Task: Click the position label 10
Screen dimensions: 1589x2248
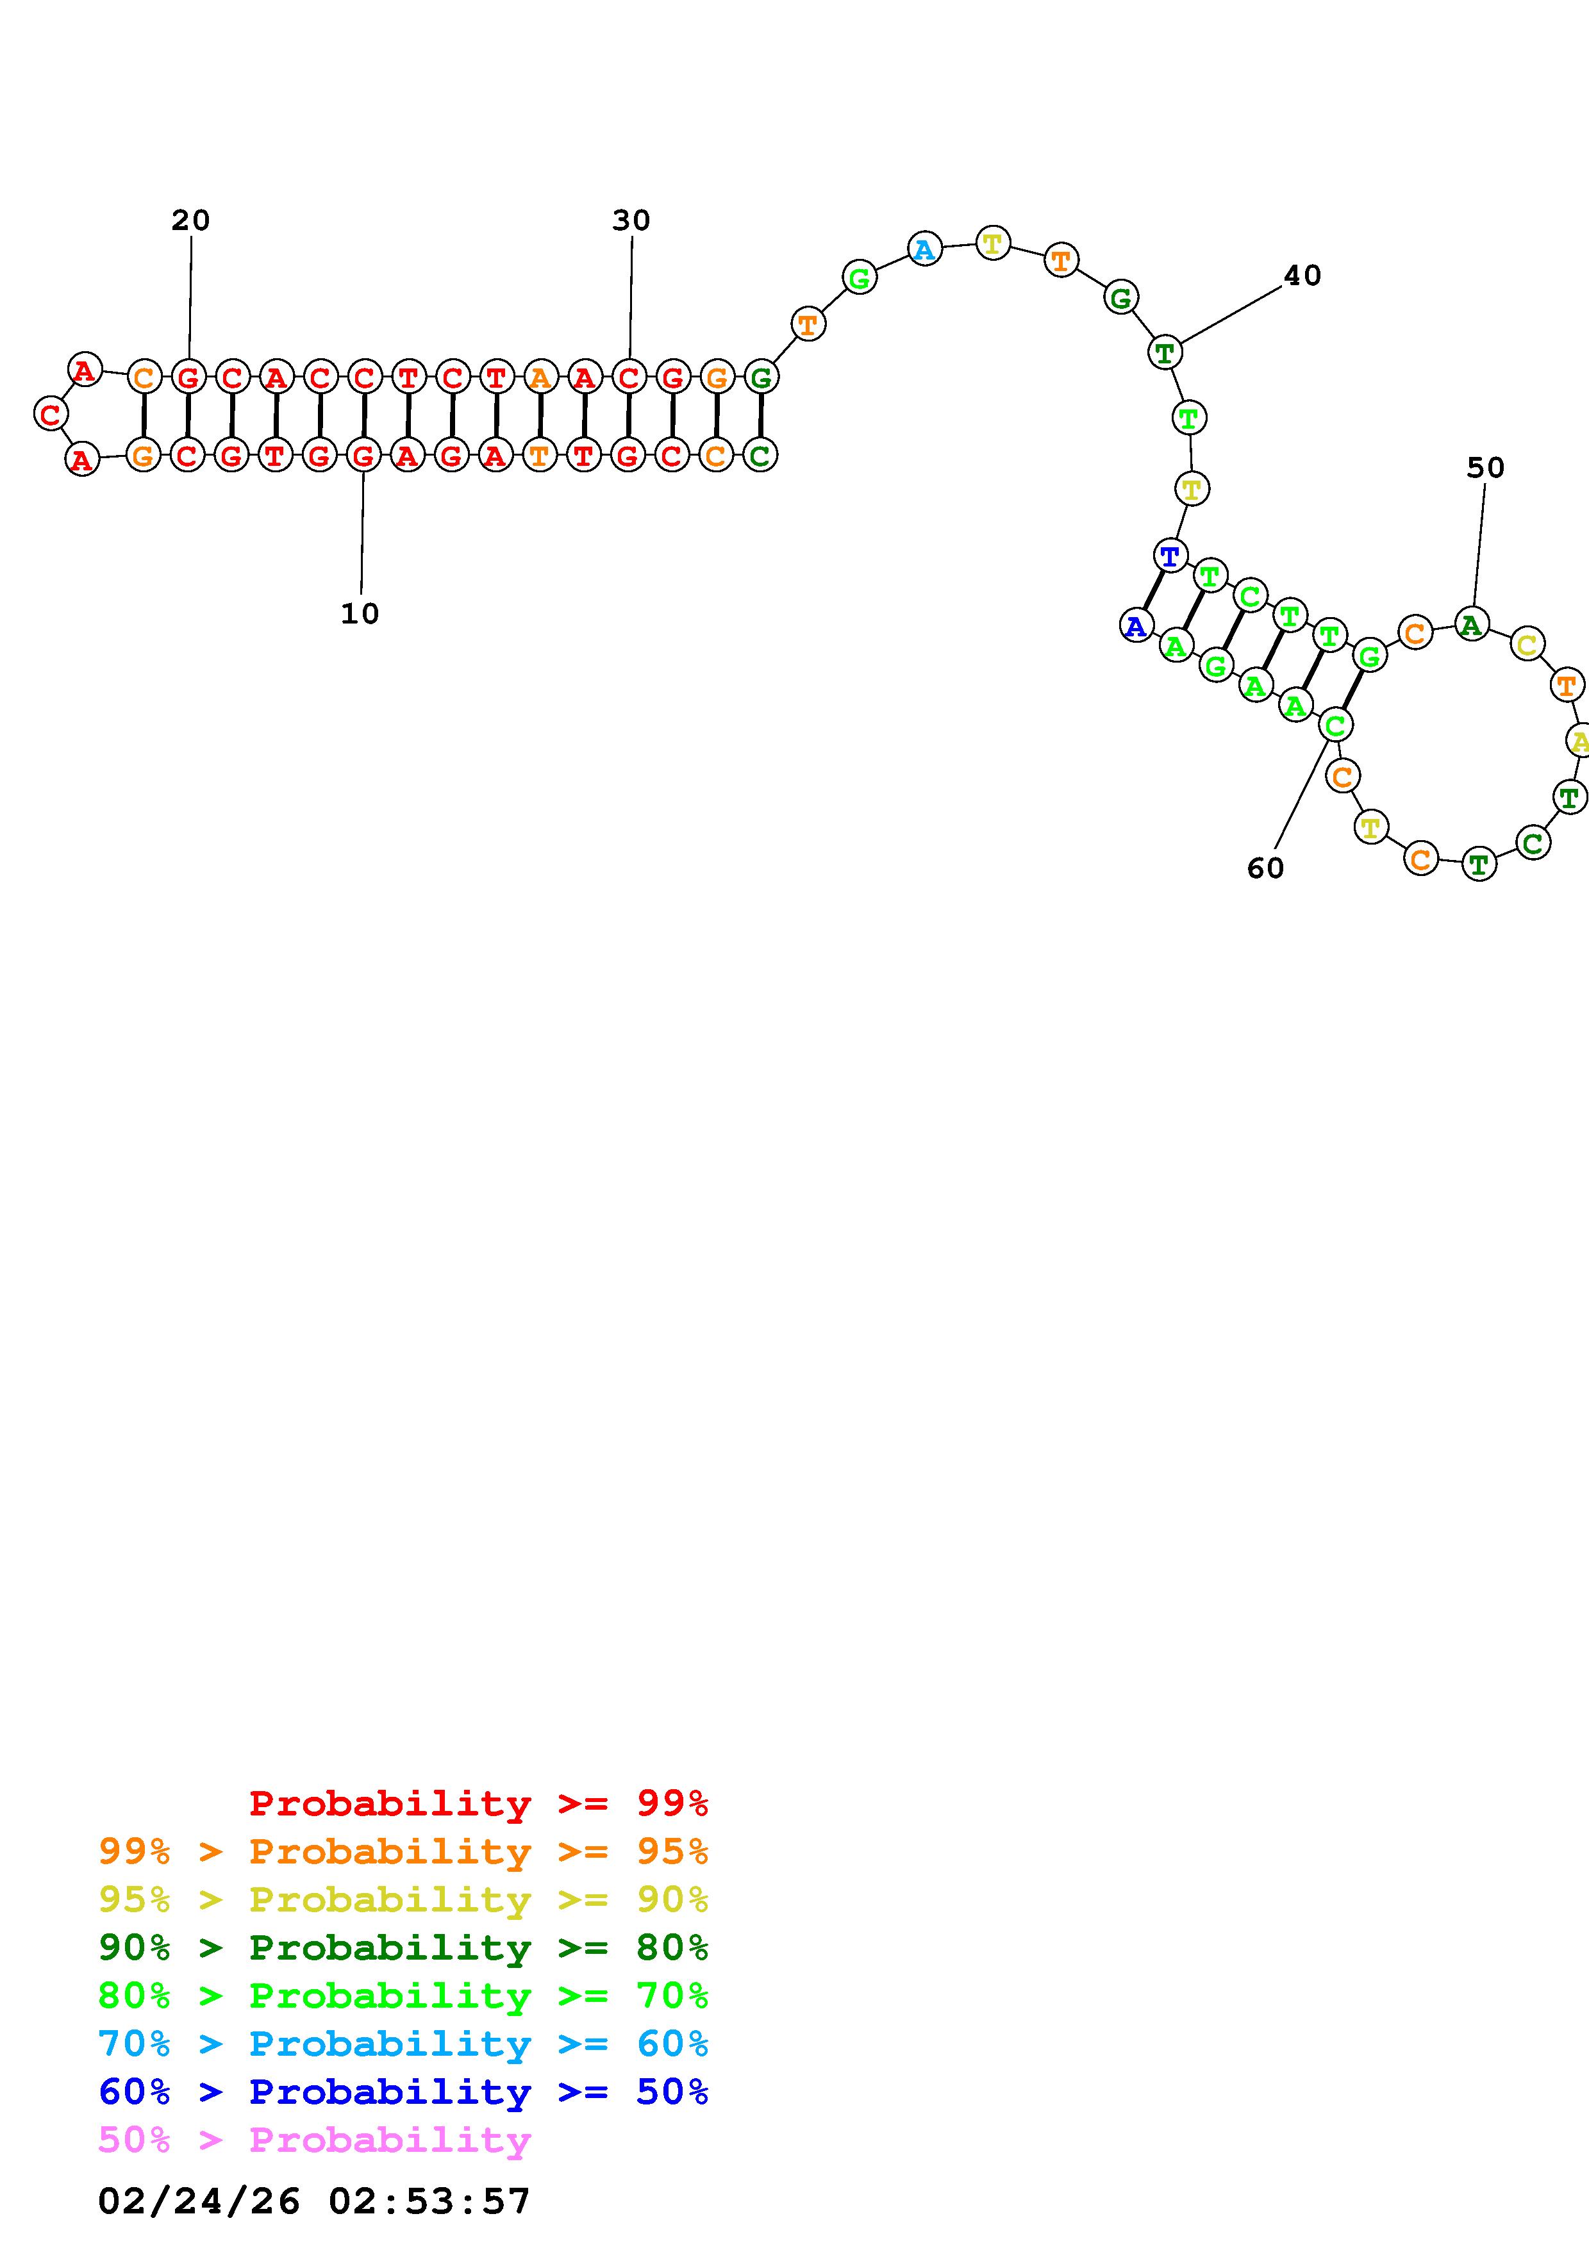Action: click(x=360, y=614)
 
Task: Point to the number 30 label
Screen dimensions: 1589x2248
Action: click(x=631, y=220)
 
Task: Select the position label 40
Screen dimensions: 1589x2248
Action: click(x=1301, y=276)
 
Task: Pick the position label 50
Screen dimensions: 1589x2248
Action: click(x=1485, y=468)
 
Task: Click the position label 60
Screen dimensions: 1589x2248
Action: click(x=1265, y=868)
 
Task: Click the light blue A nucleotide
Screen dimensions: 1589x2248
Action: click(x=924, y=250)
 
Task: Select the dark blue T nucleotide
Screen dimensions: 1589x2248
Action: click(x=1170, y=556)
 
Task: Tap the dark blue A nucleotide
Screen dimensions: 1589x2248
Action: click(x=1136, y=625)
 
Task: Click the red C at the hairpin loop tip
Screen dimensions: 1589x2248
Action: click(x=50, y=414)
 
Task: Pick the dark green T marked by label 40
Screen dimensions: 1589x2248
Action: click(x=1164, y=352)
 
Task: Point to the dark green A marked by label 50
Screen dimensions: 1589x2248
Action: click(x=1472, y=624)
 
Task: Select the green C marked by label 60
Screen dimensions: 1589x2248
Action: click(x=1335, y=725)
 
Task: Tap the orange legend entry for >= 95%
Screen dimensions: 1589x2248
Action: click(x=403, y=1851)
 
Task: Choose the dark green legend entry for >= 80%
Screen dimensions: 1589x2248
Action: click(x=403, y=1947)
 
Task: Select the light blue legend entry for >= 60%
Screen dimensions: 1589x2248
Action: click(x=403, y=2044)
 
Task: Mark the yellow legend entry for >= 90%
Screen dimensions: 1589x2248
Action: click(x=403, y=1899)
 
